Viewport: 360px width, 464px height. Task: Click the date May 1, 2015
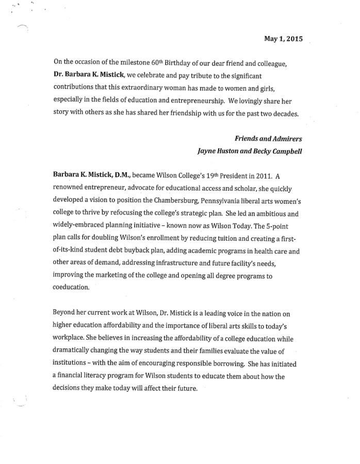283,39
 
